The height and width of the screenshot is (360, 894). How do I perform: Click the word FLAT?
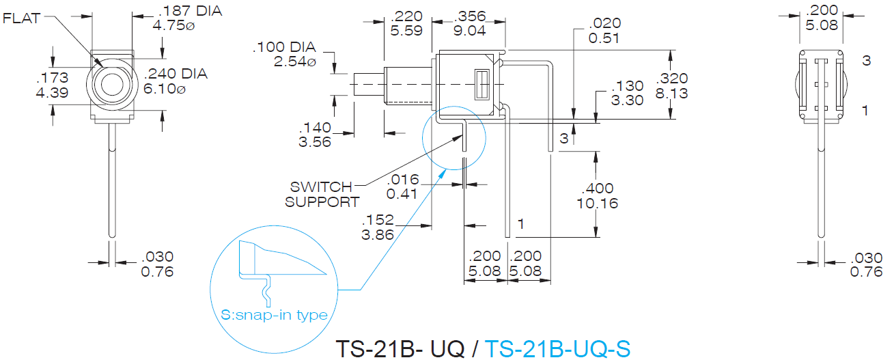[22, 18]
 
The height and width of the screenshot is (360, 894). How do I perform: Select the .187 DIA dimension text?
[190, 11]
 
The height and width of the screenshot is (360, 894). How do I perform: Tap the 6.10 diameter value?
[165, 89]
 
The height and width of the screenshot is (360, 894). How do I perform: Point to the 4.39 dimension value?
[53, 93]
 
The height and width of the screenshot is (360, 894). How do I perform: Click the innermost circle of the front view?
[112, 85]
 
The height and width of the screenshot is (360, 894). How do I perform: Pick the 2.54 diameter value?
[295, 61]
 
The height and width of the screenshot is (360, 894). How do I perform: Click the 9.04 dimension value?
[469, 30]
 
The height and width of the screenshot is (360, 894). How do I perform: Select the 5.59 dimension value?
[406, 30]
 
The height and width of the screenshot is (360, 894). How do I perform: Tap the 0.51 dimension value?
[604, 38]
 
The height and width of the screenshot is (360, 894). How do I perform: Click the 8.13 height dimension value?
[672, 94]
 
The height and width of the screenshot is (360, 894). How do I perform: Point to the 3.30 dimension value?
[628, 100]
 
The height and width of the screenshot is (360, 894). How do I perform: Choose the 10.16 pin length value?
[598, 204]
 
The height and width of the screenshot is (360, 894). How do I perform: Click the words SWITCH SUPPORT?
[322, 195]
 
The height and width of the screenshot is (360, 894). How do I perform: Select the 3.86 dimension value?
[378, 235]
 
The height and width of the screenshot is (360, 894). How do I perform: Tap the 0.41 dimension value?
[402, 194]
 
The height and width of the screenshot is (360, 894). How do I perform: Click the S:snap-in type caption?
[274, 315]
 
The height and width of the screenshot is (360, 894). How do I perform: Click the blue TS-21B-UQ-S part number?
[557, 348]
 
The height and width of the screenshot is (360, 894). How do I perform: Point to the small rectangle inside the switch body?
[482, 85]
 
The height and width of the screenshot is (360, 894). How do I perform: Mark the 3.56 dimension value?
[315, 141]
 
